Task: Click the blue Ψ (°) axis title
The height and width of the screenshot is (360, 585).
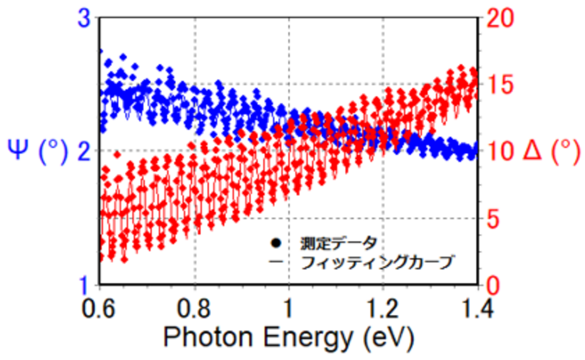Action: [x=37, y=151]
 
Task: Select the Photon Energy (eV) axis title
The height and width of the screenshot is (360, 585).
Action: [x=289, y=337]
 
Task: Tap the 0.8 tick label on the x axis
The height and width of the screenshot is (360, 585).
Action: [x=195, y=308]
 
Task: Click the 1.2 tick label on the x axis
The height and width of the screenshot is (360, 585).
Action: [x=383, y=308]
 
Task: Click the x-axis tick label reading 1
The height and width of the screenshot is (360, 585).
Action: [x=289, y=308]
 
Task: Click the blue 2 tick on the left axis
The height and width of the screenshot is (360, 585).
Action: [x=84, y=151]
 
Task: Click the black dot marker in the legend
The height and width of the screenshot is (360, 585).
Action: [x=276, y=242]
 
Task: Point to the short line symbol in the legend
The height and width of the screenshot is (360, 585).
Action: [x=276, y=262]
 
